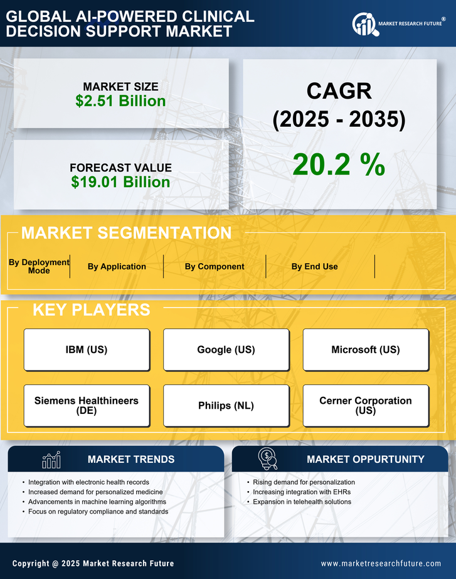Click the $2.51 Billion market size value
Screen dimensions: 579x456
tap(120, 101)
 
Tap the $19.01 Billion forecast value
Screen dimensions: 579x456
tap(120, 182)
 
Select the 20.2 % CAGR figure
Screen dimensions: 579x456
tap(339, 165)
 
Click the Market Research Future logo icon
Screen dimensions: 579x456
tap(364, 24)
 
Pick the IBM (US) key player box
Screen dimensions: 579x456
tap(87, 350)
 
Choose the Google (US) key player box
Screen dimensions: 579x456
tap(226, 350)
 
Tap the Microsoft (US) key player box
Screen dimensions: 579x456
tap(366, 350)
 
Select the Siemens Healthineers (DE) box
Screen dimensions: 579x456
tap(87, 406)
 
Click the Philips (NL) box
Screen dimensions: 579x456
tap(226, 406)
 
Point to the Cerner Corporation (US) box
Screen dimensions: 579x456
tap(366, 406)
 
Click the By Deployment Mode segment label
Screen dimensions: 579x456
tap(39, 266)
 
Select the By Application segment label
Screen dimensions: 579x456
tap(117, 266)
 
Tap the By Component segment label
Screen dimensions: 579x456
tap(215, 266)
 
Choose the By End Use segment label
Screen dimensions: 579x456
tap(314, 266)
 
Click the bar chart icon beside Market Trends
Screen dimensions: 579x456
tap(51, 460)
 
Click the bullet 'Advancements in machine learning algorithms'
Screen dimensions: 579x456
tap(97, 502)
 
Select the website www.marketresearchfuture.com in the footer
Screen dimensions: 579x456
tap(381, 563)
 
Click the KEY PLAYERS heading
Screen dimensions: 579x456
tap(91, 310)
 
